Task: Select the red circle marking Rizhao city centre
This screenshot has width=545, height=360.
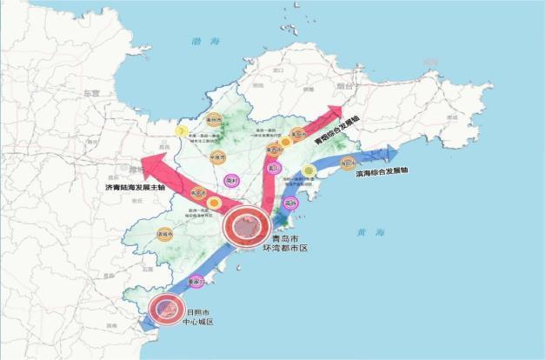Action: [x=166, y=309]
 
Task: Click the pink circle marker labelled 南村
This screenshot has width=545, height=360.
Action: [x=231, y=180]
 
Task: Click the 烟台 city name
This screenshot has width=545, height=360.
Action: [x=345, y=87]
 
